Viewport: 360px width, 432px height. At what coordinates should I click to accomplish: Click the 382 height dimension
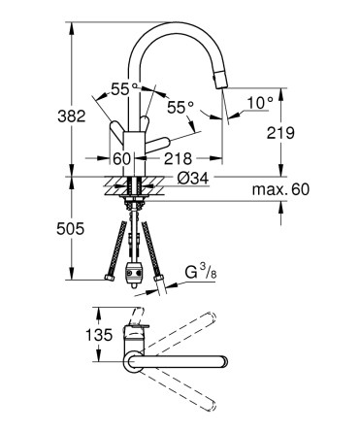72,116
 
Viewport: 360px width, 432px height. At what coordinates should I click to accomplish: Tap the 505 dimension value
70,229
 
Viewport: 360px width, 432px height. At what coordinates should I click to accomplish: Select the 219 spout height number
280,133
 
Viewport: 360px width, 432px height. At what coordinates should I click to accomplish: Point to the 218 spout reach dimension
178,158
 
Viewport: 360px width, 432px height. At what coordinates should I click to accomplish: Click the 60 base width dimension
122,158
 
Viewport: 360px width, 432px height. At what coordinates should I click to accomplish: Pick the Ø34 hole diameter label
193,179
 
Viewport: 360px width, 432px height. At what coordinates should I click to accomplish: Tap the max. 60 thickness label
280,189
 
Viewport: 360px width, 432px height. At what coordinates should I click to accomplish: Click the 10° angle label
260,103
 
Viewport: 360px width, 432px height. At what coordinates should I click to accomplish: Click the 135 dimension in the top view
99,335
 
